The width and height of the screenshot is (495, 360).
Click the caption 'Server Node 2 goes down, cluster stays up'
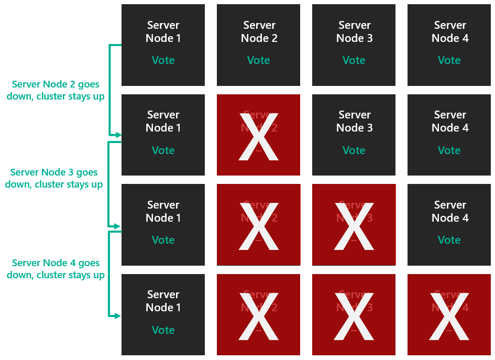pyautogui.click(x=56, y=90)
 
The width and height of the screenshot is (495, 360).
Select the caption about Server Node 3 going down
pyautogui.click(x=54, y=178)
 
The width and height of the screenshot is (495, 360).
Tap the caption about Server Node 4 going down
pyautogui.click(x=56, y=269)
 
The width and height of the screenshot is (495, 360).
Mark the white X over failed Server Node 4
pyautogui.click(x=449, y=315)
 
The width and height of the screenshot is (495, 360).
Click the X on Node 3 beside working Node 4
pyautogui.click(x=354, y=225)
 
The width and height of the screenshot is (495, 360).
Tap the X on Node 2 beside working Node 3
pyautogui.click(x=258, y=136)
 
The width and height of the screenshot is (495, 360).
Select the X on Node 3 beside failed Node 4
pyautogui.click(x=354, y=315)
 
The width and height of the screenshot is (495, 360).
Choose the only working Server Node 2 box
pyautogui.click(x=258, y=45)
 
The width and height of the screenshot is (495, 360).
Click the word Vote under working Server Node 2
pyautogui.click(x=258, y=60)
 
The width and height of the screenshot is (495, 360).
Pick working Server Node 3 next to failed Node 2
pyautogui.click(x=354, y=135)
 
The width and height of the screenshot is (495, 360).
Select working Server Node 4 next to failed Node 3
pyautogui.click(x=449, y=224)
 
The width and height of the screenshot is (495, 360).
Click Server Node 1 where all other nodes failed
pyautogui.click(x=163, y=314)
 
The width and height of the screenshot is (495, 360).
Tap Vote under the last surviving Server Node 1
pyautogui.click(x=163, y=330)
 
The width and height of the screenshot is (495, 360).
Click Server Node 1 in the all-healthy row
pyautogui.click(x=163, y=45)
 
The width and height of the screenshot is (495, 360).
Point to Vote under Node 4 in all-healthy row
pyautogui.click(x=449, y=60)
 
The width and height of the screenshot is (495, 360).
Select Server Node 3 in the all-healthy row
pyautogui.click(x=354, y=45)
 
